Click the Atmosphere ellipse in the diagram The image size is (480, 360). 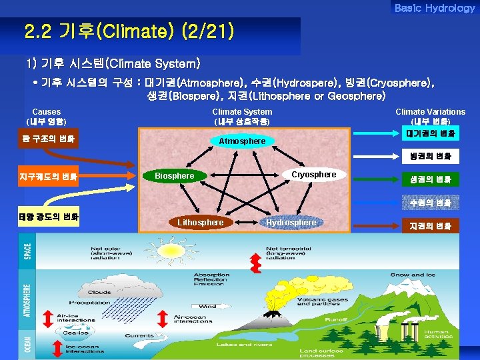pos(242,141)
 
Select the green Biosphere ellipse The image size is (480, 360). pos(174,176)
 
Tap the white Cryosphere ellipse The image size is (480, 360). pos(314,175)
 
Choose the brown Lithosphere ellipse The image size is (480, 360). pos(200,222)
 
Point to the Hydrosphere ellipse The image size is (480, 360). pos(291,223)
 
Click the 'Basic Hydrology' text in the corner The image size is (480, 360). pos(434,8)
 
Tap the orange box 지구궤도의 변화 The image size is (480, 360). pos(50,177)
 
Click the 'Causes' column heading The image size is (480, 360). pos(46,112)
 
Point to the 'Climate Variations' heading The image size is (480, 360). pos(430,112)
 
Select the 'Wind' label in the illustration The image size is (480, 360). pos(207,307)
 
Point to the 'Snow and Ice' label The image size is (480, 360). pos(409,275)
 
